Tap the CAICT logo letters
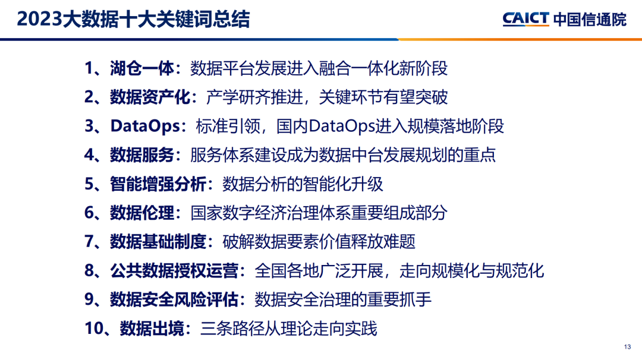(x=525, y=19)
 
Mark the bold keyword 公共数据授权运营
(x=174, y=271)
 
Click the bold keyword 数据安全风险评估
(x=174, y=299)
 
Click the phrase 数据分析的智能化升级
(x=303, y=184)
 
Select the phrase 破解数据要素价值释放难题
(x=319, y=242)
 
